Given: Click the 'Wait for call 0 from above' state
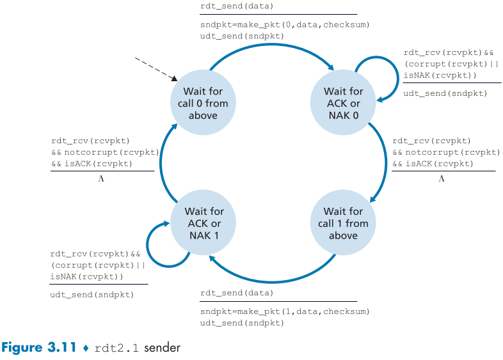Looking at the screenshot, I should pos(203,103).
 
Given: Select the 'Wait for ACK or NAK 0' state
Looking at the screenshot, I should pos(343,103).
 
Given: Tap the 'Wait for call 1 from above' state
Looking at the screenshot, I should pos(343,223).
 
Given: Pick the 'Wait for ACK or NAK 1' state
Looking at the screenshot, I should pos(204,223).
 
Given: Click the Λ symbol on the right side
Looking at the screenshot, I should pos(441,178).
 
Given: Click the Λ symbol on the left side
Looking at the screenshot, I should pos(101,178).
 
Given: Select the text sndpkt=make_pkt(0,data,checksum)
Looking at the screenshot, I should pos(285,24).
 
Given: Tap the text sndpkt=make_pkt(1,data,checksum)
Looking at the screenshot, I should pos(285,311).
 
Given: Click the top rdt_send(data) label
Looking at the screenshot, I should pos(236,6).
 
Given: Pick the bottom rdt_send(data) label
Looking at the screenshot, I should pos(236,293).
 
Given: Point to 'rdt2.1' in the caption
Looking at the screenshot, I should pos(118,348).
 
